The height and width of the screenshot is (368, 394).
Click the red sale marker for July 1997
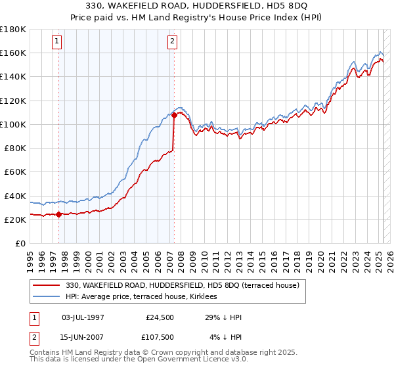point(58,214)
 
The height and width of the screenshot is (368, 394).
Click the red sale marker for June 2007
point(174,115)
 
